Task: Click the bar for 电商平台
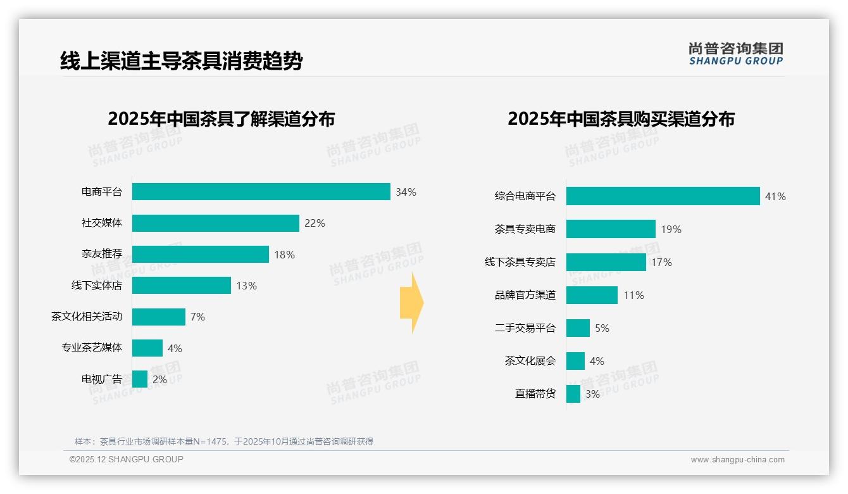pyautogui.click(x=261, y=192)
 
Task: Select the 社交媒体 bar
pyautogui.click(x=215, y=223)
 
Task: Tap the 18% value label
pyautogui.click(x=284, y=255)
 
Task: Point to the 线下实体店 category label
pyautogui.click(x=96, y=286)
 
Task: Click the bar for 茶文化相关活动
pyautogui.click(x=158, y=317)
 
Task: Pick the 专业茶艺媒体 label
pyautogui.click(x=91, y=348)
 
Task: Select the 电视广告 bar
pyautogui.click(x=140, y=379)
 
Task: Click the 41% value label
pyautogui.click(x=775, y=196)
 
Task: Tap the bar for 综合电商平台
pyautogui.click(x=663, y=196)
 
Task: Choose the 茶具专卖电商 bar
pyautogui.click(x=611, y=229)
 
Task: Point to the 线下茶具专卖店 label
pyautogui.click(x=520, y=262)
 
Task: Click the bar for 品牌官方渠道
pyautogui.click(x=592, y=295)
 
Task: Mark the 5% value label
pyautogui.click(x=602, y=328)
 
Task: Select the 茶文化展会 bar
pyautogui.click(x=575, y=361)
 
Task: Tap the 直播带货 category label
pyautogui.click(x=535, y=394)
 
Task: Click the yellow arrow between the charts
pyautogui.click(x=411, y=303)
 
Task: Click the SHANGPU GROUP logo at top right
pyautogui.click(x=735, y=54)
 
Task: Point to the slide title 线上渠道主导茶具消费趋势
pyautogui.click(x=181, y=61)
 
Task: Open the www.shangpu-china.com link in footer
pyautogui.click(x=737, y=460)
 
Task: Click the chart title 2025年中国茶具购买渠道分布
pyautogui.click(x=621, y=119)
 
